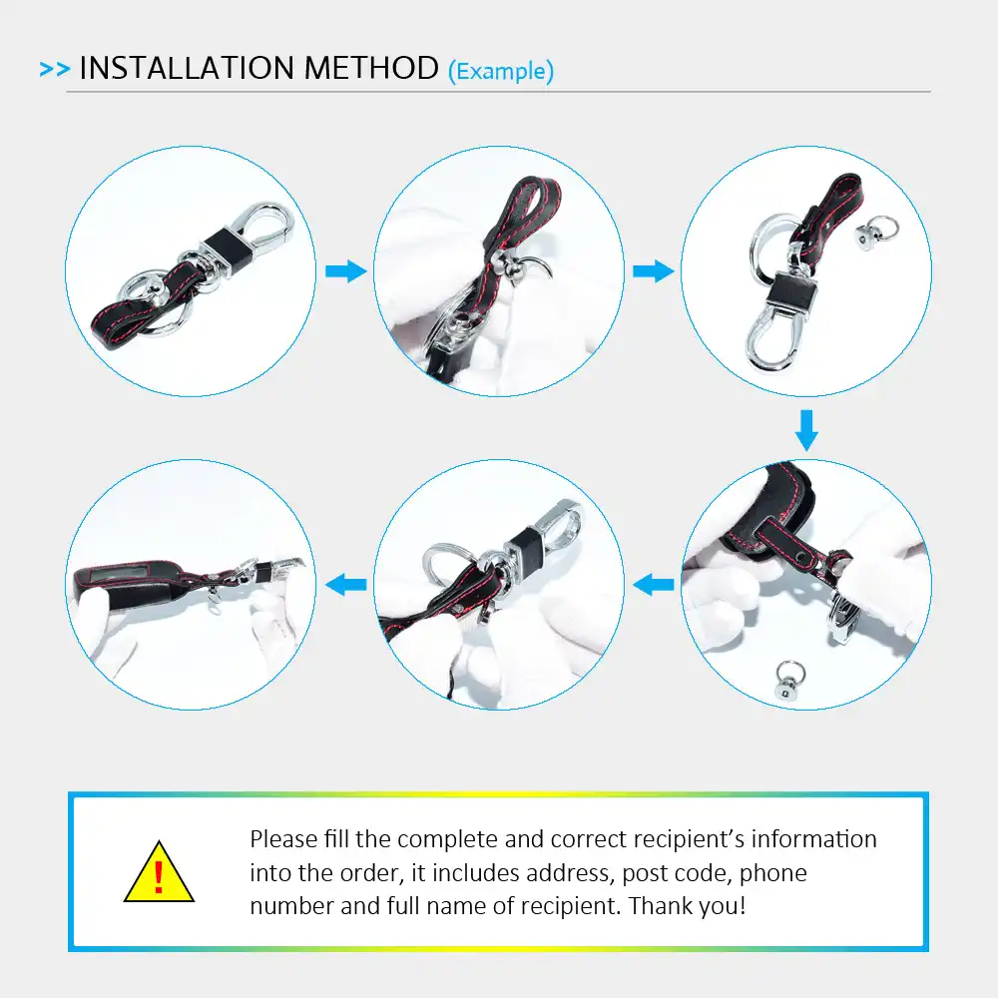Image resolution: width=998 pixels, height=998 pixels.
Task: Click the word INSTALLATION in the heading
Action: coord(187,68)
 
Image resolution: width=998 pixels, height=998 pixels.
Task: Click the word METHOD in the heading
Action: coord(371,68)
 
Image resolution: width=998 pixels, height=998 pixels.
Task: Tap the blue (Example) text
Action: coord(501,71)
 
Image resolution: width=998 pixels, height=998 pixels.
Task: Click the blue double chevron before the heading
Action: coord(55,69)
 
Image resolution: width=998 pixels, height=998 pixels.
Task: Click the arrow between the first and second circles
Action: coord(346,271)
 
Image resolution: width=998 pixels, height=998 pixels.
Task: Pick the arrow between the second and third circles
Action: coord(654,271)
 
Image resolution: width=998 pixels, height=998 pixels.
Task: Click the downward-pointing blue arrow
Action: coord(806,430)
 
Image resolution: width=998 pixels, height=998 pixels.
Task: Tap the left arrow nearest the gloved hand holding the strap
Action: coord(654,584)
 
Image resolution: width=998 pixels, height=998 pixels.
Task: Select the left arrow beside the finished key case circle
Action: coord(346,584)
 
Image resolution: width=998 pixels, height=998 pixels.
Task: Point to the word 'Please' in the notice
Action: coord(283,839)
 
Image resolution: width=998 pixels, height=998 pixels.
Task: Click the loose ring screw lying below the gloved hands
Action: coord(789,681)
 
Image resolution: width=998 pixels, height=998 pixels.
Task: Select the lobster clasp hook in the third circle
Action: coord(774,338)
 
